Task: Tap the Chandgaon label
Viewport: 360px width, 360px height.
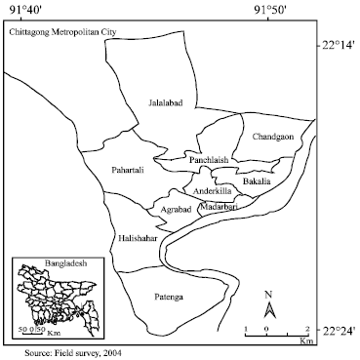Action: point(272,137)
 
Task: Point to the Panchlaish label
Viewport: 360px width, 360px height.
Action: point(209,159)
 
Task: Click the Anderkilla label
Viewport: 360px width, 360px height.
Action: point(213,191)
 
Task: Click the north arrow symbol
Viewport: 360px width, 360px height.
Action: point(272,312)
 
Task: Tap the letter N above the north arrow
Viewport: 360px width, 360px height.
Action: point(272,294)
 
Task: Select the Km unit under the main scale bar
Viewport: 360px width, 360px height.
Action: point(305,343)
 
